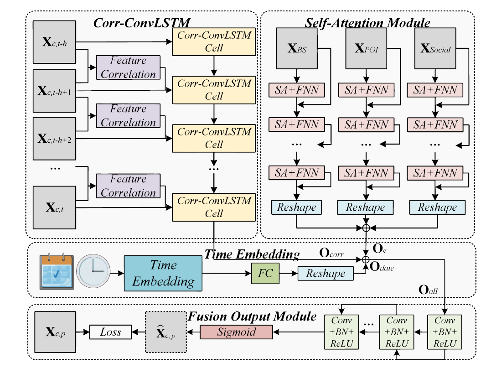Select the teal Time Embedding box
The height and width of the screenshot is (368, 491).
pos(163,274)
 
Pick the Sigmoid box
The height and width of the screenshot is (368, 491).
pos(236,332)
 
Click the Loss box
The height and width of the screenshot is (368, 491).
pos(110,332)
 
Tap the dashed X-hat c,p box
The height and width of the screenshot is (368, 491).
pos(165,332)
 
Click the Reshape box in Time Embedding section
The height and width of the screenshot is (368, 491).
pos(326,274)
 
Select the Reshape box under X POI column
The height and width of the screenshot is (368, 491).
pos(365,207)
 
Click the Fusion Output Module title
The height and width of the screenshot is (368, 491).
pos(253,316)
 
